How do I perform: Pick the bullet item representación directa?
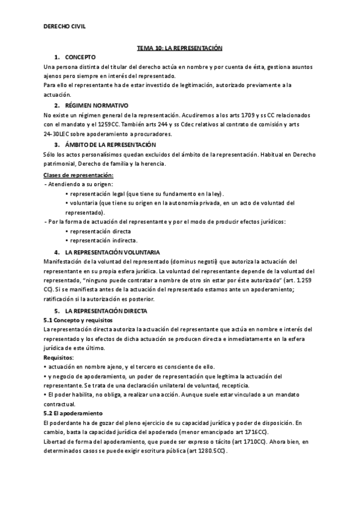click(100, 231)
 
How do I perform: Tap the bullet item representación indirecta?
click(104, 241)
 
